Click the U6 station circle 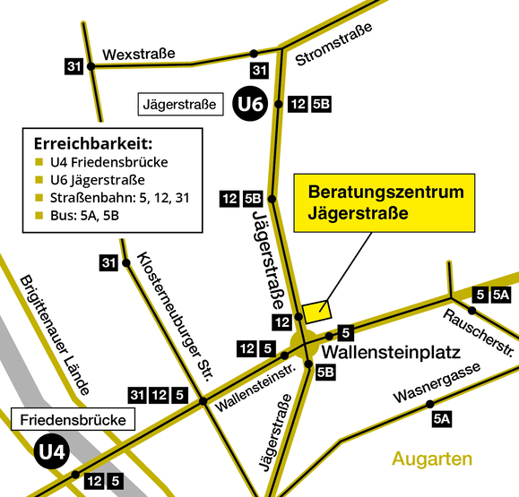pyautogui.click(x=250, y=105)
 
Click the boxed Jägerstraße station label pyautogui.click(x=180, y=105)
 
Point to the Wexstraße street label pyautogui.click(x=138, y=55)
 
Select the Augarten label pyautogui.click(x=431, y=459)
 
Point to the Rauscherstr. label pyautogui.click(x=478, y=330)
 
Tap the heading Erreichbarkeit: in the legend pyautogui.click(x=92, y=142)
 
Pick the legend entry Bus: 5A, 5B pyautogui.click(x=81, y=215)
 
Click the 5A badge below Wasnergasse pyautogui.click(x=440, y=417)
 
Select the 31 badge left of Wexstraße pyautogui.click(x=74, y=65)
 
